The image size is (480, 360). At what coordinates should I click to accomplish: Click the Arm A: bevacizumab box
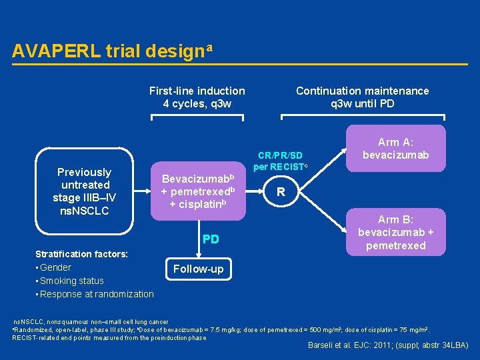[x=396, y=149]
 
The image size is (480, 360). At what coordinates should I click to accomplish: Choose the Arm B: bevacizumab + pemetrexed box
[x=396, y=232]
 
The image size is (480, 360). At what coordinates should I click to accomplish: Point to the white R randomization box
[x=281, y=192]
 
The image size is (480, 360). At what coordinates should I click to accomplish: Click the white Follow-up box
[x=199, y=269]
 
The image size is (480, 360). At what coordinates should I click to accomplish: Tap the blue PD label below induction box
[x=211, y=239]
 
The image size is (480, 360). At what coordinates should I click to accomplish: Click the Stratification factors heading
[x=81, y=254]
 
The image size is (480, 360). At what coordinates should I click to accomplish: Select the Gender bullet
[x=55, y=267]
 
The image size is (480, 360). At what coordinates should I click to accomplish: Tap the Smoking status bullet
[x=71, y=281]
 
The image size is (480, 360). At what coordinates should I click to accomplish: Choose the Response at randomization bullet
[x=96, y=294]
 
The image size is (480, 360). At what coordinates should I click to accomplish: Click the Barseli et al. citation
[x=387, y=345]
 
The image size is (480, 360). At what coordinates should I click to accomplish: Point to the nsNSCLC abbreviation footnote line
[x=91, y=321]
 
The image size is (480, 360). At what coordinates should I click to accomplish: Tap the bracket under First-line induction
[x=197, y=117]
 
